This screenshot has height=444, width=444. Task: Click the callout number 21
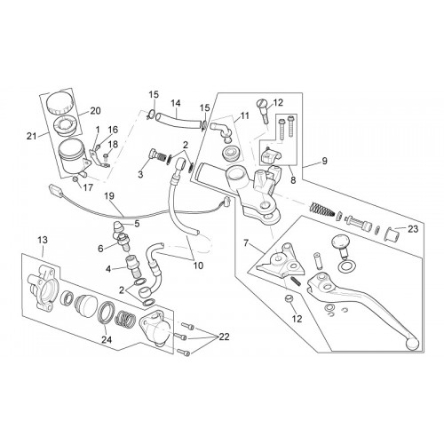click(x=31, y=136)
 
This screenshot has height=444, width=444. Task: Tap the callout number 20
click(x=95, y=111)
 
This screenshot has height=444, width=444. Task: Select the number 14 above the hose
click(x=176, y=103)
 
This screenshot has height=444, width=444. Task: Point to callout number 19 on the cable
click(x=109, y=196)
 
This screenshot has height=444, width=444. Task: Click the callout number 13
click(x=43, y=240)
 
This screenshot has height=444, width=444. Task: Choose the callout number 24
click(x=107, y=340)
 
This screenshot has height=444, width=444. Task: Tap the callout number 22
click(x=224, y=337)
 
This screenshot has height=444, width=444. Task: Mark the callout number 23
click(x=413, y=229)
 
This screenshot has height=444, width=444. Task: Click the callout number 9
click(x=325, y=161)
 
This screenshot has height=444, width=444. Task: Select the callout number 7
click(x=246, y=243)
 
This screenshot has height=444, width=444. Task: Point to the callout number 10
click(x=198, y=266)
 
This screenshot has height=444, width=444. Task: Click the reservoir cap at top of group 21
click(x=60, y=102)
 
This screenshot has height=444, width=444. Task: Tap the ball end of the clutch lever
click(x=412, y=344)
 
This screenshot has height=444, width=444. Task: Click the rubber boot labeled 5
click(x=120, y=227)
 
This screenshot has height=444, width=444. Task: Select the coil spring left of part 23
click(x=321, y=210)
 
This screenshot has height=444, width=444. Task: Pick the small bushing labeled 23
click(x=392, y=234)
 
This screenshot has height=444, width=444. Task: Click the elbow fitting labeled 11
click(x=220, y=131)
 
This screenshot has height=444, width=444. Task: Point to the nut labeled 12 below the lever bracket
click(x=289, y=299)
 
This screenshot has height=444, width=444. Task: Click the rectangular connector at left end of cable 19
click(x=55, y=189)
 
